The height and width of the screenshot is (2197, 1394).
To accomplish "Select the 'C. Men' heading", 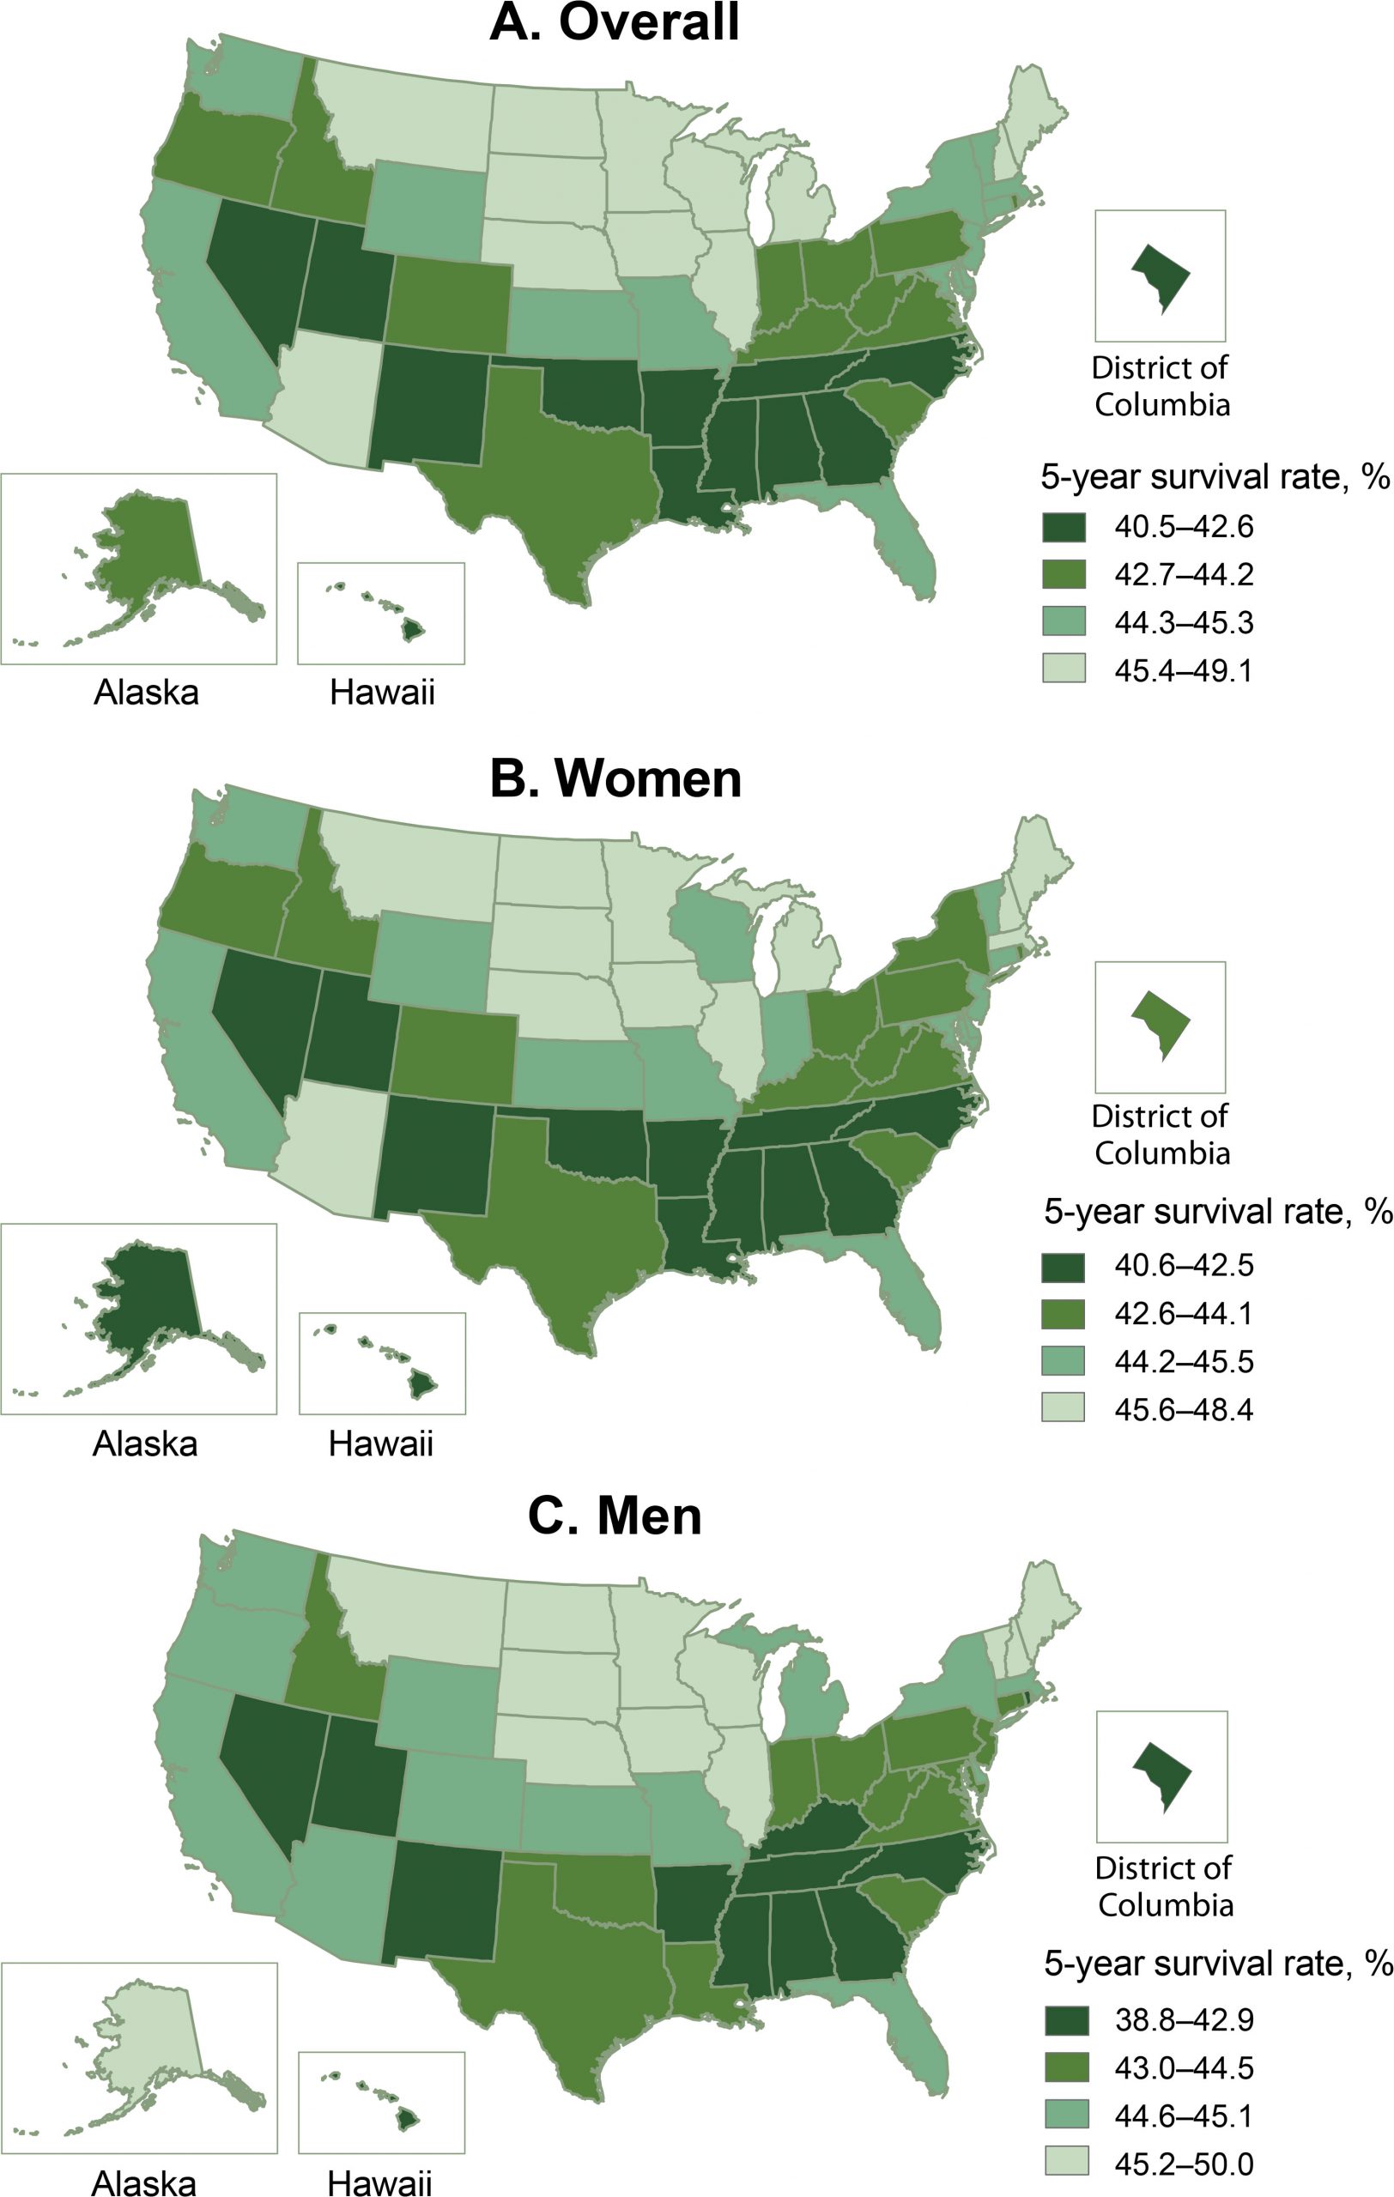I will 615,1516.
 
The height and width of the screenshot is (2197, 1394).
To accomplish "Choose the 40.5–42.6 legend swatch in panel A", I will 1064,527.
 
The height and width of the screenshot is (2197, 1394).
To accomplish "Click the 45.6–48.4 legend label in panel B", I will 1183,1410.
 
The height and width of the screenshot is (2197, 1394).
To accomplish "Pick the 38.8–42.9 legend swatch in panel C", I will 1065,2020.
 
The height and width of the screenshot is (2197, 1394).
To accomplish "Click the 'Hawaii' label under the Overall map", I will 382,693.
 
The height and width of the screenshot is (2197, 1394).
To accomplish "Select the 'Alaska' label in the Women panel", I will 145,1443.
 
